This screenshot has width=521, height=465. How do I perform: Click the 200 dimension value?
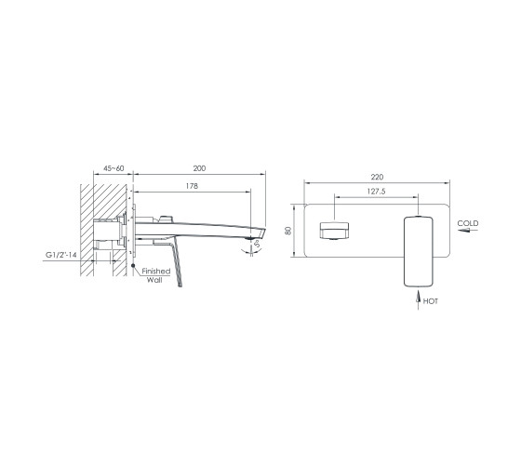(199, 168)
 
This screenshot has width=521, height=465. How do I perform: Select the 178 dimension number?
(192, 186)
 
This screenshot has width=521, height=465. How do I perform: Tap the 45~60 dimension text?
(114, 168)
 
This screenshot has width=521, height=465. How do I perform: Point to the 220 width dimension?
(377, 177)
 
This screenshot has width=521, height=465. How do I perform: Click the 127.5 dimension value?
(376, 192)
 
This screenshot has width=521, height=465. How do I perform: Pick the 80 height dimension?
(288, 231)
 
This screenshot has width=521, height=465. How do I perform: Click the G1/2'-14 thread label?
(61, 255)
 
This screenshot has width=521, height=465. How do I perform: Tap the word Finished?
(156, 271)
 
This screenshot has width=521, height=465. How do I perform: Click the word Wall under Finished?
(154, 280)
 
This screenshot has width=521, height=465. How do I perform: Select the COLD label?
(468, 223)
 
